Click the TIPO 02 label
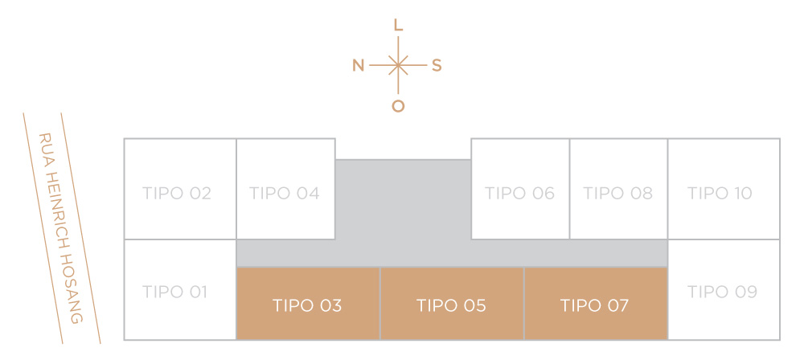pyautogui.click(x=177, y=194)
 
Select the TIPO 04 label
pyautogui.click(x=285, y=194)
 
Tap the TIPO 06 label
pyautogui.click(x=520, y=194)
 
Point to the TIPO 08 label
pyautogui.click(x=617, y=194)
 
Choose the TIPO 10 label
pyautogui.click(x=720, y=194)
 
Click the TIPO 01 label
pyautogui.click(x=174, y=292)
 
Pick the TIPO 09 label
pyautogui.click(x=723, y=292)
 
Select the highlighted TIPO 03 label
pyautogui.click(x=307, y=305)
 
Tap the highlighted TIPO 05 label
pyautogui.click(x=451, y=305)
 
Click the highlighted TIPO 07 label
pyautogui.click(x=594, y=305)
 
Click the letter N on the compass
pyautogui.click(x=359, y=66)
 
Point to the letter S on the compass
pyautogui.click(x=437, y=66)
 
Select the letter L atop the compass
pyautogui.click(x=399, y=25)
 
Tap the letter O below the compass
pyautogui.click(x=399, y=106)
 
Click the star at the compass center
pyautogui.click(x=399, y=65)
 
